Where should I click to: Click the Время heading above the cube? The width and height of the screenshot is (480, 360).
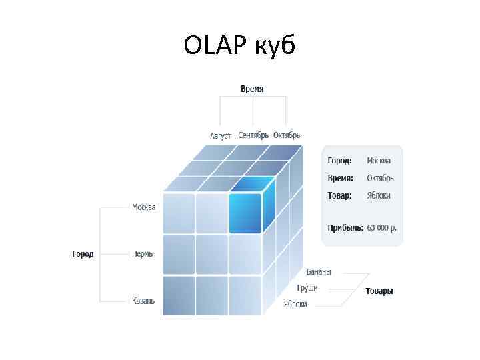[252, 89]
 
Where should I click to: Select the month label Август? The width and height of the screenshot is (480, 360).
[221, 135]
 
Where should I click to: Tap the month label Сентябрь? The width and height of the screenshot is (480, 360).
[253, 135]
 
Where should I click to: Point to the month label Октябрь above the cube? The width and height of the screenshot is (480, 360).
[287, 135]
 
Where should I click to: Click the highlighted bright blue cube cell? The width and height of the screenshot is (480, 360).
[245, 213]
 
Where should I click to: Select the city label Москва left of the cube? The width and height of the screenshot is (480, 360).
[144, 207]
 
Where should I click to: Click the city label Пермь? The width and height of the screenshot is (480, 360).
[143, 254]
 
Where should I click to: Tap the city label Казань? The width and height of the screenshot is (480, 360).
[143, 301]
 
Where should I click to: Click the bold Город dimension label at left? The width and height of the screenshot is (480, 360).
[83, 254]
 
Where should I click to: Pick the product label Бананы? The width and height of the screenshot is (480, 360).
[319, 272]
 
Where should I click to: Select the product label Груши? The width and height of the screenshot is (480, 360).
[308, 288]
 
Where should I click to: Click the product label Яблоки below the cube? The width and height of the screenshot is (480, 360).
[295, 304]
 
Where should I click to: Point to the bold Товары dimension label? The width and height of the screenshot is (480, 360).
[379, 291]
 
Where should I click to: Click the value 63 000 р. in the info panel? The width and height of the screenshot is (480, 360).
[382, 228]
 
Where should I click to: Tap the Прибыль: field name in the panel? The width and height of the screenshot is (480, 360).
[345, 228]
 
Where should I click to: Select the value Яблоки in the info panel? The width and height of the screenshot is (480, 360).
[379, 195]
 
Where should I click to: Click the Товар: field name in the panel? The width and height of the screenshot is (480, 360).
[340, 195]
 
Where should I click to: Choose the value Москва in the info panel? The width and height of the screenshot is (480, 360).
[379, 161]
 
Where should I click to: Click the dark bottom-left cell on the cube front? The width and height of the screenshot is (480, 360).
[178, 295]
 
